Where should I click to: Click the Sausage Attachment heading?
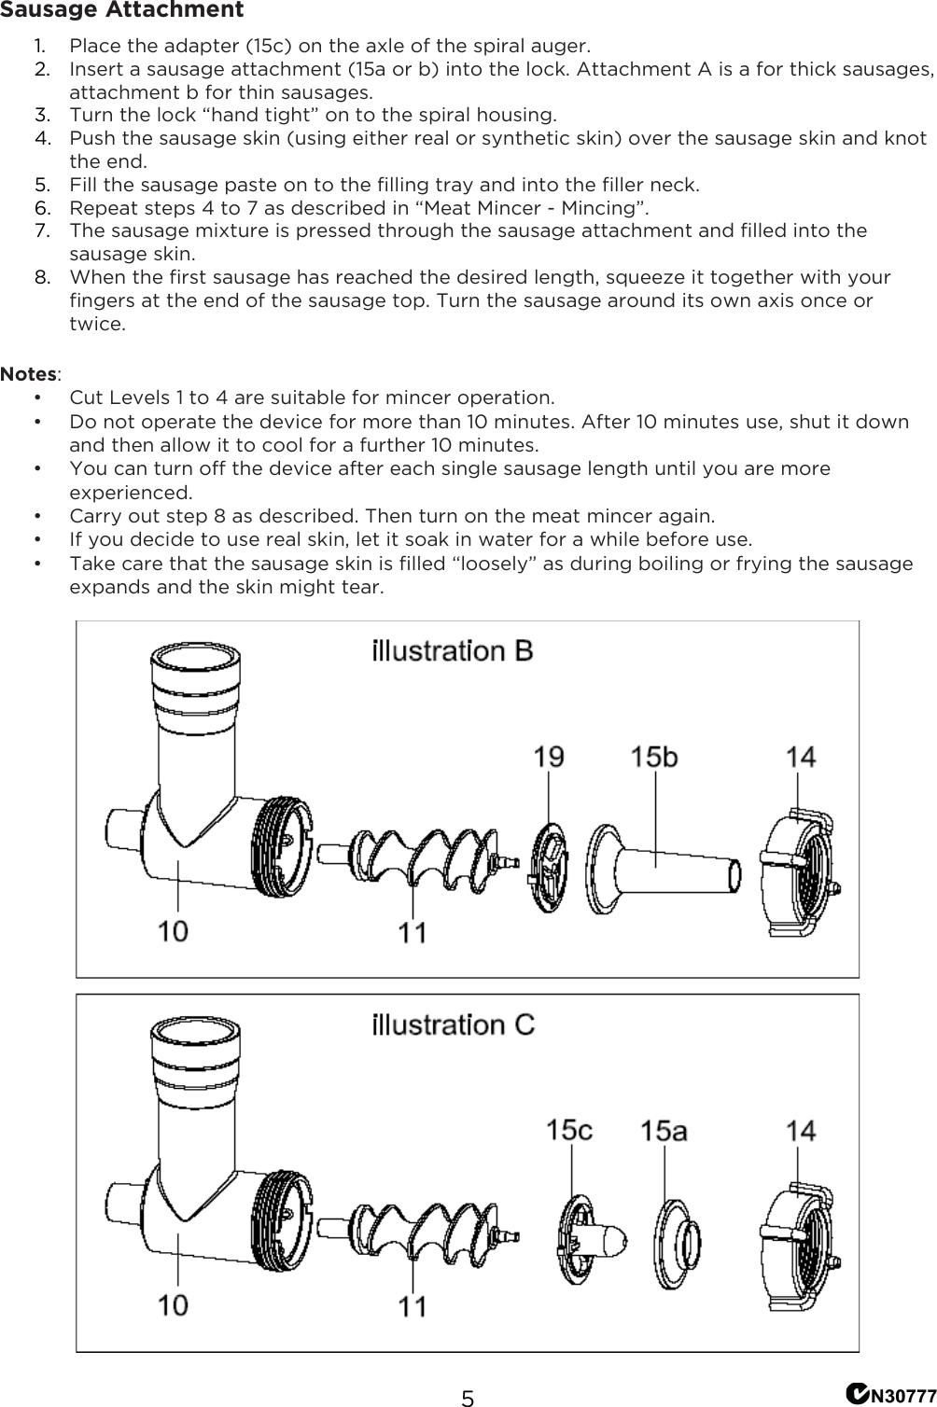[x=122, y=11]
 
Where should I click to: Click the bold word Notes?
[x=29, y=374]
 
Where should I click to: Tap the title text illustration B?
[x=453, y=650]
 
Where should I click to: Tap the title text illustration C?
[x=454, y=1024]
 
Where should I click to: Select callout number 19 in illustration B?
[x=548, y=756]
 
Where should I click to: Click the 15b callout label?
[x=653, y=756]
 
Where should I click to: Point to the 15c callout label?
[x=569, y=1130]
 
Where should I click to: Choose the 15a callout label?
[x=664, y=1131]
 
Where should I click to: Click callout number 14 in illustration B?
[x=800, y=756]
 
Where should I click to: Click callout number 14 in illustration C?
[x=800, y=1131]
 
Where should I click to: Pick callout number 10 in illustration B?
[x=173, y=930]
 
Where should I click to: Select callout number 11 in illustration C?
[x=413, y=1305]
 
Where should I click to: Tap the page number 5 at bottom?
[x=468, y=1398]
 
